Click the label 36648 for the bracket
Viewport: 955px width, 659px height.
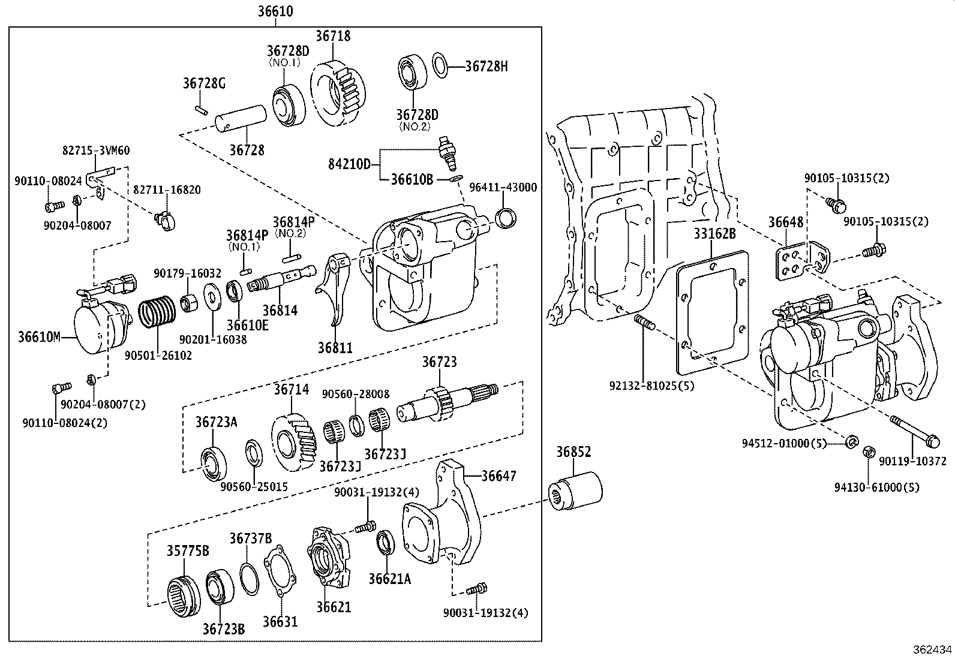[786, 222]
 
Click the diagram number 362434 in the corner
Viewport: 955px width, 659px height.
[932, 649]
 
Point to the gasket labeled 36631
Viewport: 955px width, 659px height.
[280, 573]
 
